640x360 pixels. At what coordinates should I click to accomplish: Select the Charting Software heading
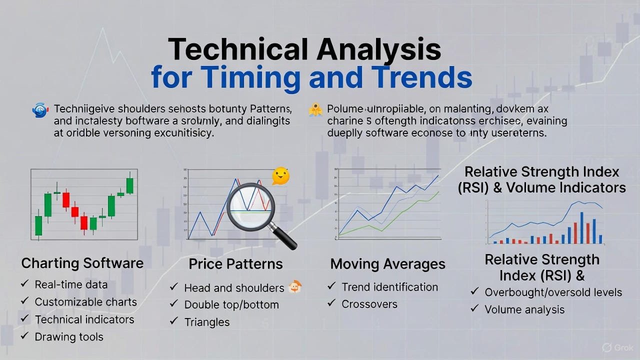pos(82,263)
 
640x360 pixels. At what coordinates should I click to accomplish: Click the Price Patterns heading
pos(235,264)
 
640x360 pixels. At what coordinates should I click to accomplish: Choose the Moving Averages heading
pos(387,264)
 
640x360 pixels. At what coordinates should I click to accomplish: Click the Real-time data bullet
pos(71,284)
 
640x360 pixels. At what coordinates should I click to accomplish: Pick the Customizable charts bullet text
pos(85,302)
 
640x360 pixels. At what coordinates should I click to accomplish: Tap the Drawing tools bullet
pos(69,337)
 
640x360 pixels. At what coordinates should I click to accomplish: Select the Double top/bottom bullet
pos(231,304)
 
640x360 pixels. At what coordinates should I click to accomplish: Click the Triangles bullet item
pos(207,322)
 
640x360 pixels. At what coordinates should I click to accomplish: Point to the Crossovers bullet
pos(369,304)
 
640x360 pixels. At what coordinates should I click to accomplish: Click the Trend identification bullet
pos(389,287)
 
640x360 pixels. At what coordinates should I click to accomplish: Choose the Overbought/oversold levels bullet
pos(553,292)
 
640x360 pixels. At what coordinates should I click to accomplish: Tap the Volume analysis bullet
pos(524,310)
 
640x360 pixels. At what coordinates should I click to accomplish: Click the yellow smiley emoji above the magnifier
pos(280,176)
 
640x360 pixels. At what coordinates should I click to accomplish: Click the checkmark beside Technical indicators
pos(24,319)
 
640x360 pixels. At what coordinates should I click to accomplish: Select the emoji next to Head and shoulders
pos(295,287)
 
